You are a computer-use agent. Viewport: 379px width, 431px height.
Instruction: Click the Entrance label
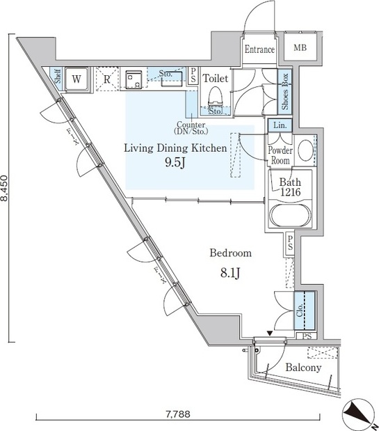[x=259, y=49]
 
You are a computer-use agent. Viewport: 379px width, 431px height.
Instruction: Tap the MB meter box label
[x=300, y=48]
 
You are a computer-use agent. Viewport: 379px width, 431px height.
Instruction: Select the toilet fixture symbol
[x=215, y=96]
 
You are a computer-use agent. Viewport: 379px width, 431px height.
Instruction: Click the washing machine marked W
[x=76, y=79]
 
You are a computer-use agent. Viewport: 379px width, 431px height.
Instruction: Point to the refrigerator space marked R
[x=107, y=79]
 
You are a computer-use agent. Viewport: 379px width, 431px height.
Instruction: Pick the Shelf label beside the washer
[x=58, y=76]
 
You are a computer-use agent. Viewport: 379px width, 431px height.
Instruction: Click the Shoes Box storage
[x=284, y=91]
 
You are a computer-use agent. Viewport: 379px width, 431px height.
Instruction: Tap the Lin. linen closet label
[x=280, y=125]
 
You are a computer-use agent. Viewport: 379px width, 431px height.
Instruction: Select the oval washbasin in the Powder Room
[x=305, y=150]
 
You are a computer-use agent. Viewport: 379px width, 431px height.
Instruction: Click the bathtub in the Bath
[x=291, y=215]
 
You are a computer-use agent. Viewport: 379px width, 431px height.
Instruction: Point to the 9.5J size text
[x=175, y=162]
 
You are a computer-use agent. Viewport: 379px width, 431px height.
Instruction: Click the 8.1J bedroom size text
[x=230, y=273]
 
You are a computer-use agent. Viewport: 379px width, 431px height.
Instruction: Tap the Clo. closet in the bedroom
[x=305, y=311]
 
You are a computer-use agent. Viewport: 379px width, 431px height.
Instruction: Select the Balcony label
[x=303, y=368]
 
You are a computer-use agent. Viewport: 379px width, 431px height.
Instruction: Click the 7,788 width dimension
[x=178, y=414]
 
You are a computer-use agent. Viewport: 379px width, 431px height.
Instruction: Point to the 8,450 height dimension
[x=5, y=188]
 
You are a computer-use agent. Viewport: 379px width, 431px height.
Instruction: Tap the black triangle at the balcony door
[x=270, y=334]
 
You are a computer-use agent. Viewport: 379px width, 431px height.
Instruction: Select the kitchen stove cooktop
[x=134, y=79]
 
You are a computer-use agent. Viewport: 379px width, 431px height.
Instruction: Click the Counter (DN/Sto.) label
[x=191, y=128]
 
